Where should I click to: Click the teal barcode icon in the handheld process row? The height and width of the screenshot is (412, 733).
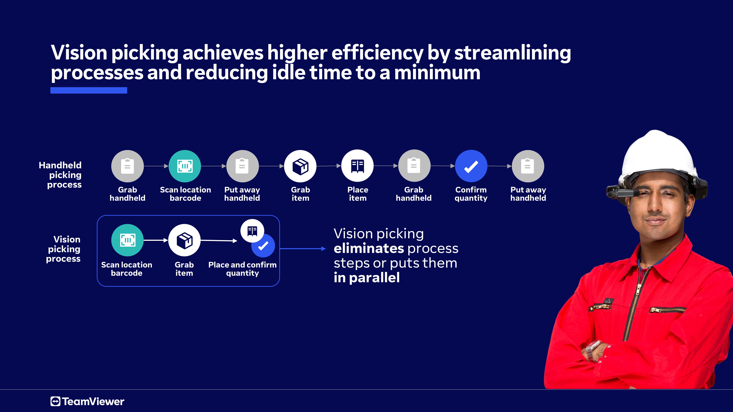coord(185,166)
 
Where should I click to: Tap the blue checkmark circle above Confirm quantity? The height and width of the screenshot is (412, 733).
coord(471,166)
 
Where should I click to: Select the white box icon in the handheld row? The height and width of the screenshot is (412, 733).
coord(300,166)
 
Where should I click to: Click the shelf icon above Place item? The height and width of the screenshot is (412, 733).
coord(357,166)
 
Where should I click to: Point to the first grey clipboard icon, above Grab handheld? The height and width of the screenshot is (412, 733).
coord(128,166)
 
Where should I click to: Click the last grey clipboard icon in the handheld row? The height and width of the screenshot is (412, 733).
coord(528,166)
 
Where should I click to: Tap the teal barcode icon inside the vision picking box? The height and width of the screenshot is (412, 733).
coord(128,240)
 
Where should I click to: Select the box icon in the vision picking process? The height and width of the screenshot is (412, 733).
coord(184,240)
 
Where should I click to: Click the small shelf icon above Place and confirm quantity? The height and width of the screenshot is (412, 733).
coord(252,231)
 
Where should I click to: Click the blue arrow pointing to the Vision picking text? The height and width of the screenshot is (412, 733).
coord(303,248)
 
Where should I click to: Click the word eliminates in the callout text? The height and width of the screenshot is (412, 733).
coord(369,248)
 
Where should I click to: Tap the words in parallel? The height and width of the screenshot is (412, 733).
coord(367,278)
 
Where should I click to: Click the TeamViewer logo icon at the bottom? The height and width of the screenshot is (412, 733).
coord(56,401)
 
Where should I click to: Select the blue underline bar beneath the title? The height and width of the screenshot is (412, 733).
coord(89,90)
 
